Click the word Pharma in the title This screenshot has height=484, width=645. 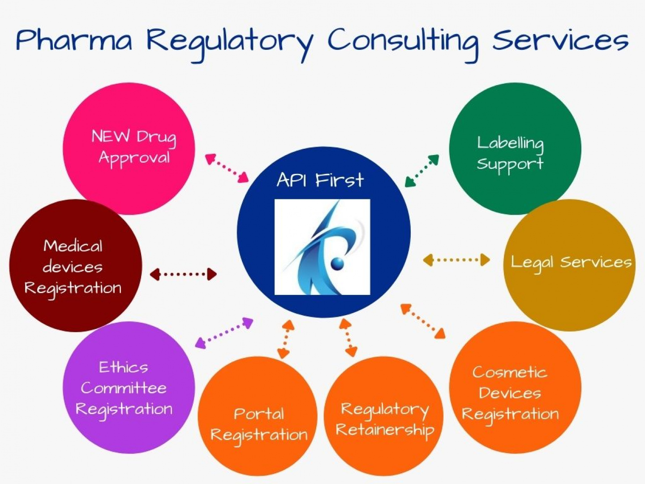point(74,40)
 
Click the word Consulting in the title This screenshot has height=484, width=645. point(403,43)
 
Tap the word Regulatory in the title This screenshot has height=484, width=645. point(230,44)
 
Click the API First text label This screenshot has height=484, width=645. point(320,180)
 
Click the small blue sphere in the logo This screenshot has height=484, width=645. point(337,263)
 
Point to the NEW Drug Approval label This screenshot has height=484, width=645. point(134,148)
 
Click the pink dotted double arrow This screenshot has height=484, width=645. point(227,168)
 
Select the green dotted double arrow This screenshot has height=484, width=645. point(422,170)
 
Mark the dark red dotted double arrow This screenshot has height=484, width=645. point(183,274)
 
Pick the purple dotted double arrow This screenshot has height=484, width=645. point(224,333)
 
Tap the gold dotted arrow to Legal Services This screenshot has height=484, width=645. point(456,260)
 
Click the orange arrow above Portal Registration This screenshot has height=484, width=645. point(286,339)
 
